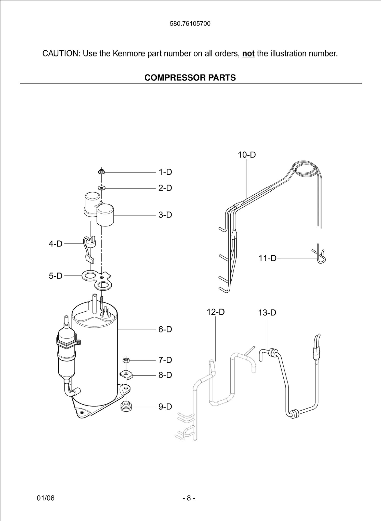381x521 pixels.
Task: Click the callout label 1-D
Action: tap(165, 172)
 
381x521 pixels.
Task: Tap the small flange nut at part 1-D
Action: tap(102, 172)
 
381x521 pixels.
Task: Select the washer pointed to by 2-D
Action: tap(102, 188)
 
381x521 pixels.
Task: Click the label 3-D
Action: tap(165, 215)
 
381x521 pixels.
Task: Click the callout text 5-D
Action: tap(56, 276)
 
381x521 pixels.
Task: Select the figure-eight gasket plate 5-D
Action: tap(97, 280)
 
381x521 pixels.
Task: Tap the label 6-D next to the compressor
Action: tap(165, 329)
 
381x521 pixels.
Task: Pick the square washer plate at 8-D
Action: tap(126, 374)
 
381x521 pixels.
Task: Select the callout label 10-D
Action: tap(247, 155)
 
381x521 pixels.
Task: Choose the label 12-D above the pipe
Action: tap(216, 312)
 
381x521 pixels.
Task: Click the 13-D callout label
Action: tap(267, 313)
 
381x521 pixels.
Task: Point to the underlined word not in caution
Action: tap(248, 54)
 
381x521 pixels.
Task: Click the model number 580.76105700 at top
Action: tap(190, 24)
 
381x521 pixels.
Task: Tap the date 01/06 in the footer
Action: tap(46, 498)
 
